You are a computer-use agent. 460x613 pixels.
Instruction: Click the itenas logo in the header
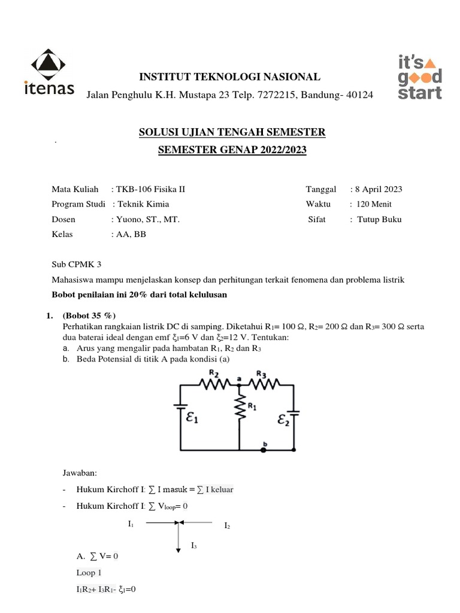coord(52,72)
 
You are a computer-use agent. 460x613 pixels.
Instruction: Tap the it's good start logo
coord(420,76)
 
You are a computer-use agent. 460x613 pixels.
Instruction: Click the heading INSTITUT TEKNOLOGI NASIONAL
coord(230,77)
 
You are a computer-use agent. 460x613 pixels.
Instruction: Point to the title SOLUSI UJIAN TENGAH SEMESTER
coord(232,132)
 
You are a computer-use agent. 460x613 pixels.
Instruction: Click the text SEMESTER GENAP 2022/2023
coord(232,150)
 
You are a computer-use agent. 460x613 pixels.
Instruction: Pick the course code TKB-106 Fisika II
coord(152,189)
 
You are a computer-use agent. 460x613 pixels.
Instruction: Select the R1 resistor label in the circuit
coord(253,407)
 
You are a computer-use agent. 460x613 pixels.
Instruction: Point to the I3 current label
coord(194,545)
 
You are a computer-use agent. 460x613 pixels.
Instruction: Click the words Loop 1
coord(89,572)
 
